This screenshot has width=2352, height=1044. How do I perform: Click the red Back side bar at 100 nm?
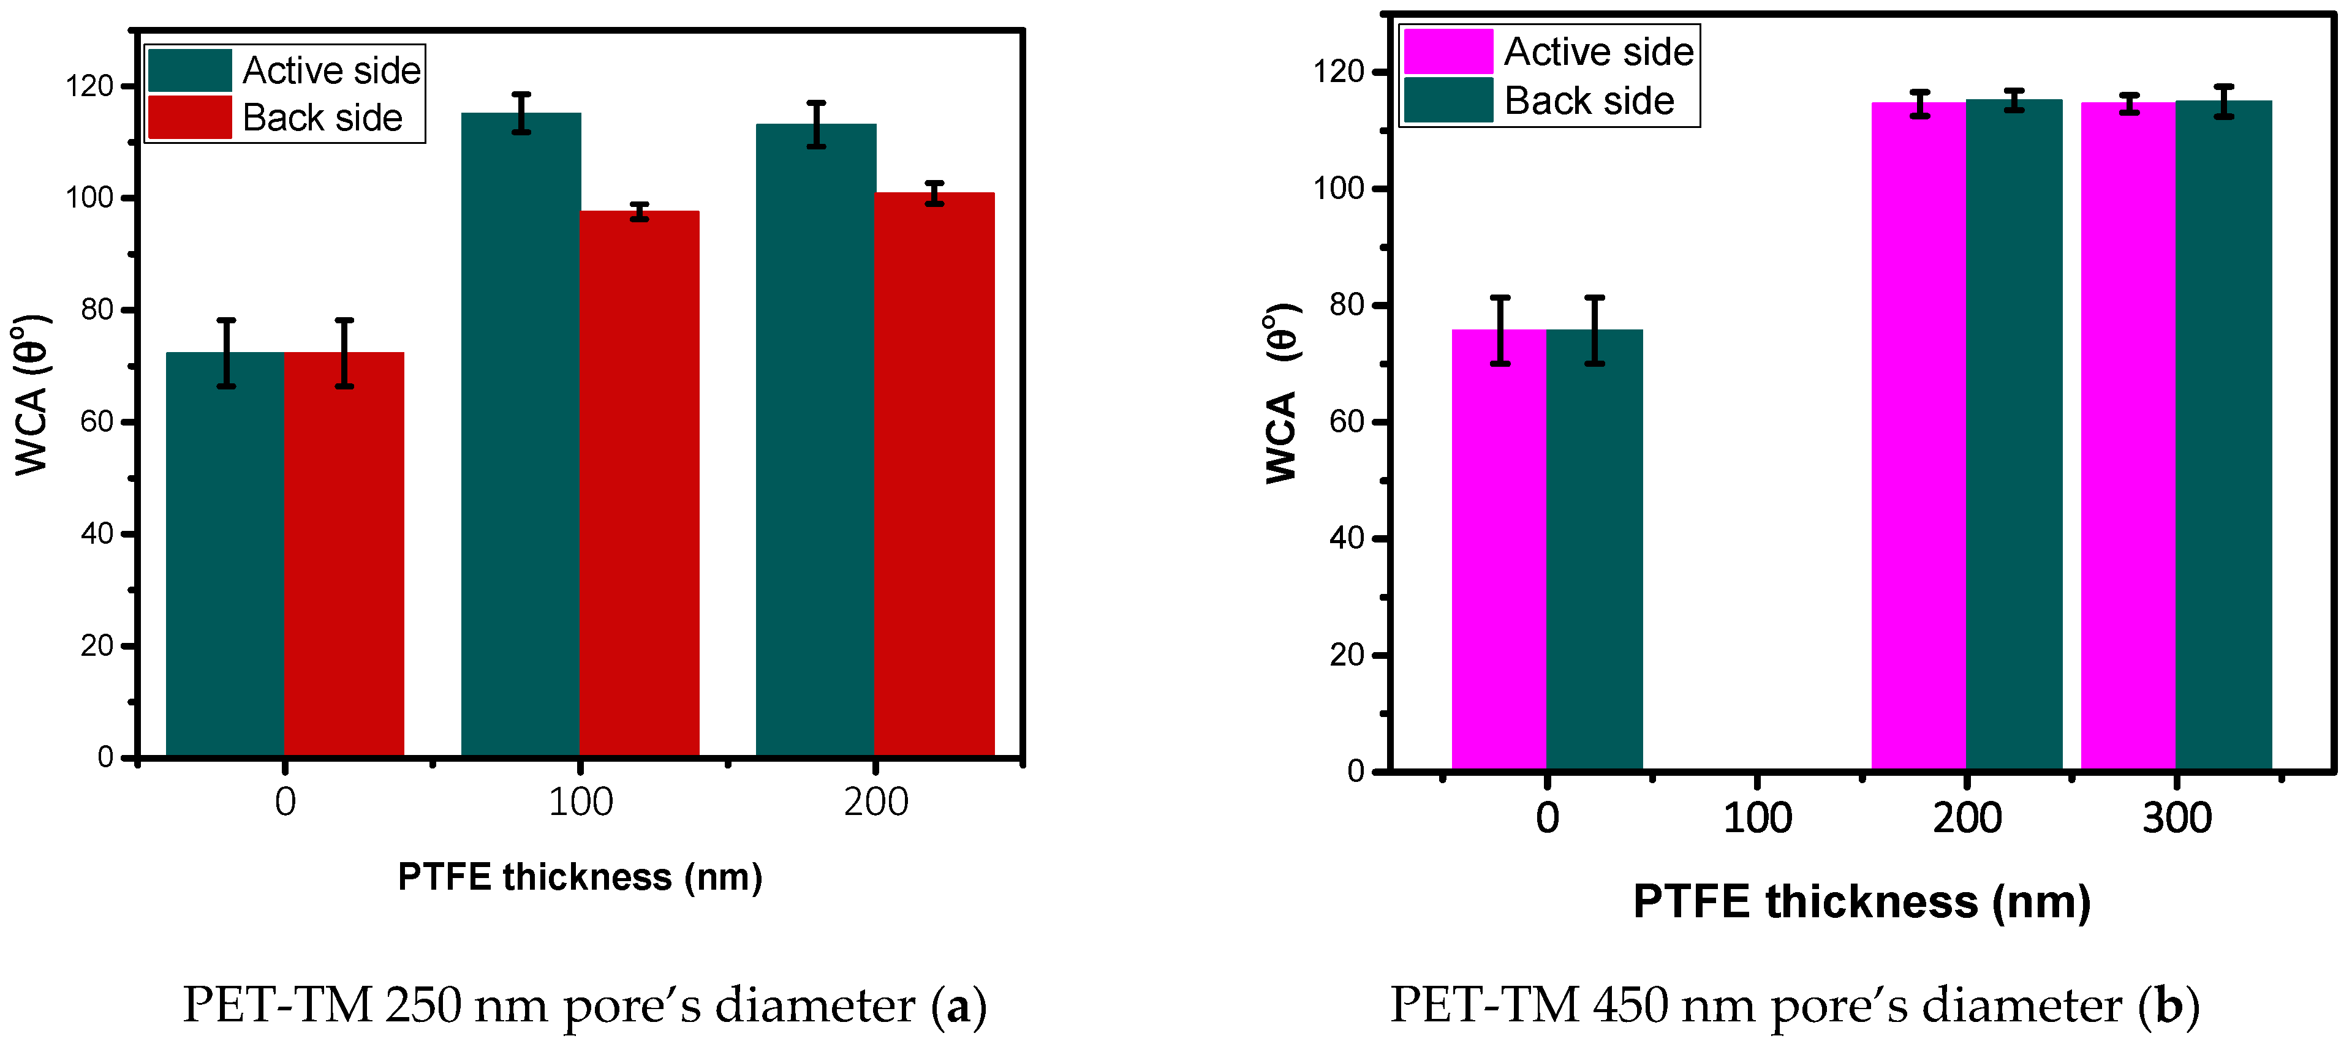click(639, 484)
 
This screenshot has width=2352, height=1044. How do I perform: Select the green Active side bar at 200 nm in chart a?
click(815, 438)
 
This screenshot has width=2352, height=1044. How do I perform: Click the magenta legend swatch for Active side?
click(1447, 51)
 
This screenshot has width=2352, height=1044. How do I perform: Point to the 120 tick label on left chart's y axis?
click(89, 87)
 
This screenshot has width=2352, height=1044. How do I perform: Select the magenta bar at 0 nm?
click(1499, 547)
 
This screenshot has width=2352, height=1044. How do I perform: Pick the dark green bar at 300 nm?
click(2223, 438)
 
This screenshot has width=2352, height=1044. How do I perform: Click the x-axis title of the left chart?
click(580, 877)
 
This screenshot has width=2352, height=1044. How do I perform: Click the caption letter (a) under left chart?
click(959, 1005)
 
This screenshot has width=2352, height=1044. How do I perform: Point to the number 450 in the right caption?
click(1628, 1005)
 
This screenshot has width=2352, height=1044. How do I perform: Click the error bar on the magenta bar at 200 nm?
click(1919, 104)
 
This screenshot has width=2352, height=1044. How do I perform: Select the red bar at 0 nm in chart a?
click(344, 557)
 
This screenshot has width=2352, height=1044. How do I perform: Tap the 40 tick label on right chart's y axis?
click(1347, 538)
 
